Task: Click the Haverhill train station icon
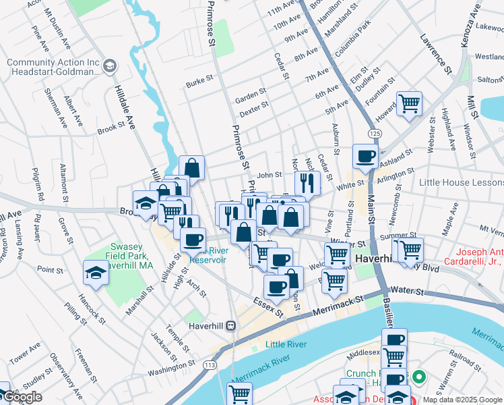tap(230, 326)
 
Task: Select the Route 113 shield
tap(210, 364)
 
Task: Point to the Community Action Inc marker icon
tap(110, 66)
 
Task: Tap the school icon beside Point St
tap(96, 273)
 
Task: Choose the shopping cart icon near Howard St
tap(408, 104)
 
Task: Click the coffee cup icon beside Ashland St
tap(366, 156)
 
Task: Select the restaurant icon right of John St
tap(307, 182)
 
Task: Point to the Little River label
tap(286, 344)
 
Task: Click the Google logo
tap(23, 397)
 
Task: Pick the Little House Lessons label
tap(460, 183)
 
